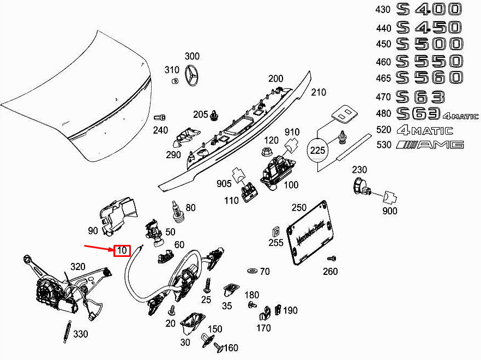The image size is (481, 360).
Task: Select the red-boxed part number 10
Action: [x=122, y=251]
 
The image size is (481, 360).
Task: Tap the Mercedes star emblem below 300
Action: [x=192, y=75]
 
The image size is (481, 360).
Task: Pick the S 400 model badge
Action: [x=429, y=9]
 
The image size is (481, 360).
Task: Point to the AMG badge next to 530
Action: [x=430, y=145]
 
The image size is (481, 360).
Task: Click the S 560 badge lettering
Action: [x=429, y=77]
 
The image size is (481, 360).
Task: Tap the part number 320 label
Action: [x=78, y=267]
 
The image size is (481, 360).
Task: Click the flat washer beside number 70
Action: [x=252, y=271]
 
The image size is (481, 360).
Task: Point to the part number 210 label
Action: [x=318, y=93]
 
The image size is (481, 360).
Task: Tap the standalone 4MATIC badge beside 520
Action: [x=425, y=130]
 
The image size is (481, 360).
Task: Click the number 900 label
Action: [x=390, y=211]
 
